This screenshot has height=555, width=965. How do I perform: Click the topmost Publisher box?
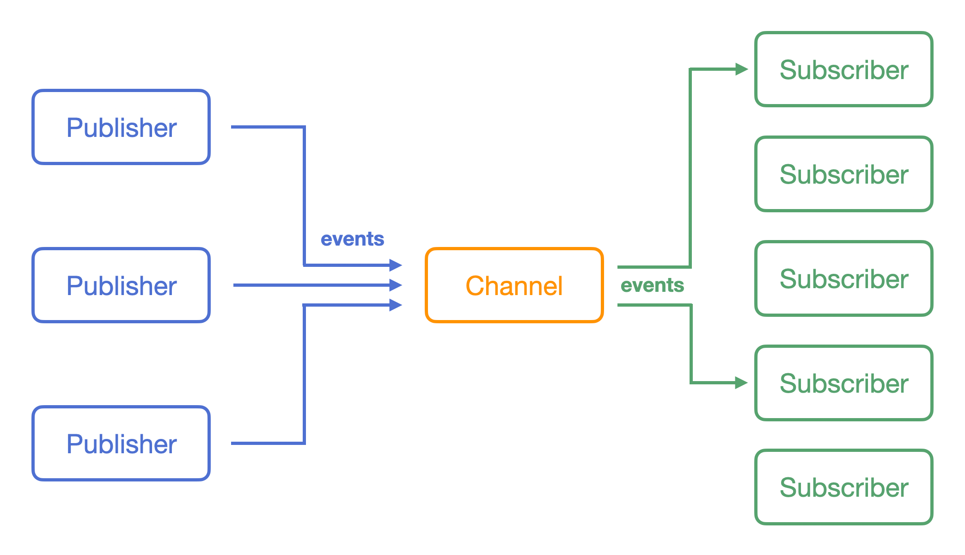tap(121, 127)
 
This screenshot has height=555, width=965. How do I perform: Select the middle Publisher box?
tap(121, 285)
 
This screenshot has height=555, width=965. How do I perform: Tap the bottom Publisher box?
tap(121, 444)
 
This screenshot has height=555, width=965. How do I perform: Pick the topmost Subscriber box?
tap(844, 69)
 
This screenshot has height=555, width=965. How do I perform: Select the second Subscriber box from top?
tap(844, 174)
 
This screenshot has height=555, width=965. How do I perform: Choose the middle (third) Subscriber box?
tap(844, 278)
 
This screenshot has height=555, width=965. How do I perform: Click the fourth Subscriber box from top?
tap(844, 383)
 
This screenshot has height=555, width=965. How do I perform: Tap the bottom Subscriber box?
tap(844, 487)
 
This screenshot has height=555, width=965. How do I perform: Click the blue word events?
tap(352, 239)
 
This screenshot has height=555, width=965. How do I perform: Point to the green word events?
tap(652, 285)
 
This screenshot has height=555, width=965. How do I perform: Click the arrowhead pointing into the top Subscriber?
tap(741, 69)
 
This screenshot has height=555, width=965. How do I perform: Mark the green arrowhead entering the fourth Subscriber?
tap(741, 382)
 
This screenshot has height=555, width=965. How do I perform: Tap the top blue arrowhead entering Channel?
tap(395, 265)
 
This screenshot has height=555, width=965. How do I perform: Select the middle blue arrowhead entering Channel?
tap(395, 285)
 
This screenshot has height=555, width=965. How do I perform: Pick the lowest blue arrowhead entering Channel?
tap(395, 305)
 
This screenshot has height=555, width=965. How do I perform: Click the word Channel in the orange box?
tap(514, 285)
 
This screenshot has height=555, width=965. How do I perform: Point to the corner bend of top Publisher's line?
tap(304, 127)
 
